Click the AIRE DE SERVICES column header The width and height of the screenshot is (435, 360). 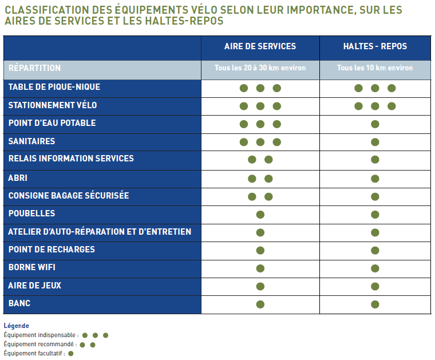click(x=260, y=46)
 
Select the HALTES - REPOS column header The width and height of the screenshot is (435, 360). click(x=375, y=46)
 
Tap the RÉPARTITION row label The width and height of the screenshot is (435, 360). click(x=35, y=68)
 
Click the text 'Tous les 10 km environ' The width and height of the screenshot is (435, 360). click(x=375, y=68)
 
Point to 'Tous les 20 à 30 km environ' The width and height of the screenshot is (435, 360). click(x=260, y=68)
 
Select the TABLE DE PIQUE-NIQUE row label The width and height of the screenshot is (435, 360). click(x=54, y=87)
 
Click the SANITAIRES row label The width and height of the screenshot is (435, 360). click(x=32, y=141)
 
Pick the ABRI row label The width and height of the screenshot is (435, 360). click(x=18, y=178)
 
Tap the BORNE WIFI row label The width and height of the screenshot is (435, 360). click(x=32, y=267)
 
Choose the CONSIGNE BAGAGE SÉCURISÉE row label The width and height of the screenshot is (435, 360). click(x=69, y=196)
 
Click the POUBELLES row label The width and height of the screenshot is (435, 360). click(x=32, y=213)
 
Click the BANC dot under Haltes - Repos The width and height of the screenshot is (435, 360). click(x=375, y=304)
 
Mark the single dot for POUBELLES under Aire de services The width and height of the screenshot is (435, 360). click(x=260, y=215)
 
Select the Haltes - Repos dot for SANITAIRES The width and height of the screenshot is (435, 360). click(x=375, y=143)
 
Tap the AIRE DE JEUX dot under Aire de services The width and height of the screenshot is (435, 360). click(x=260, y=286)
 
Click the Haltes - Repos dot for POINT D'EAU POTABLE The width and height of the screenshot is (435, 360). click(x=375, y=124)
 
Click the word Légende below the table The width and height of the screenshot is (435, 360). click(x=16, y=326)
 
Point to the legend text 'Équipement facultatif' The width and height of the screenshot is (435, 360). click(x=34, y=353)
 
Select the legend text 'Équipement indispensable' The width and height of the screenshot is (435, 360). click(x=41, y=335)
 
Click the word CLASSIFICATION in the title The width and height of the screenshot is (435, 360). click(x=43, y=10)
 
